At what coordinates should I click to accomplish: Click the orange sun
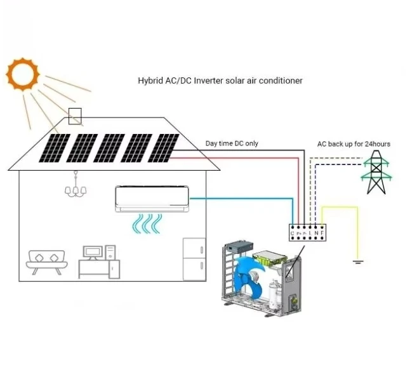pyautogui.click(x=23, y=74)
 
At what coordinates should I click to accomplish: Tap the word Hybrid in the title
pyautogui.click(x=149, y=81)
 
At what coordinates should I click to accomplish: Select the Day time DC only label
pyautogui.click(x=232, y=143)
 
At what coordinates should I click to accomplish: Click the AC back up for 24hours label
pyautogui.click(x=354, y=144)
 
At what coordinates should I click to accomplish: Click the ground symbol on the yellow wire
pyautogui.click(x=357, y=260)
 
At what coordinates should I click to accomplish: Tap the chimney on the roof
pyautogui.click(x=75, y=116)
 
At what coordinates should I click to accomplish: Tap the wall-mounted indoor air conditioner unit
pyautogui.click(x=152, y=199)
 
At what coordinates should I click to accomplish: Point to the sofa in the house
pyautogui.click(x=47, y=261)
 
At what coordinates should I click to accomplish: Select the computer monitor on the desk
pyautogui.click(x=93, y=252)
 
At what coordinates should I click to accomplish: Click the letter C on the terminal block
pyautogui.click(x=293, y=234)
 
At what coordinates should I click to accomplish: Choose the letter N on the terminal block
pyautogui.click(x=316, y=234)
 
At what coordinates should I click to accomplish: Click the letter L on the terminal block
pyautogui.click(x=310, y=234)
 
